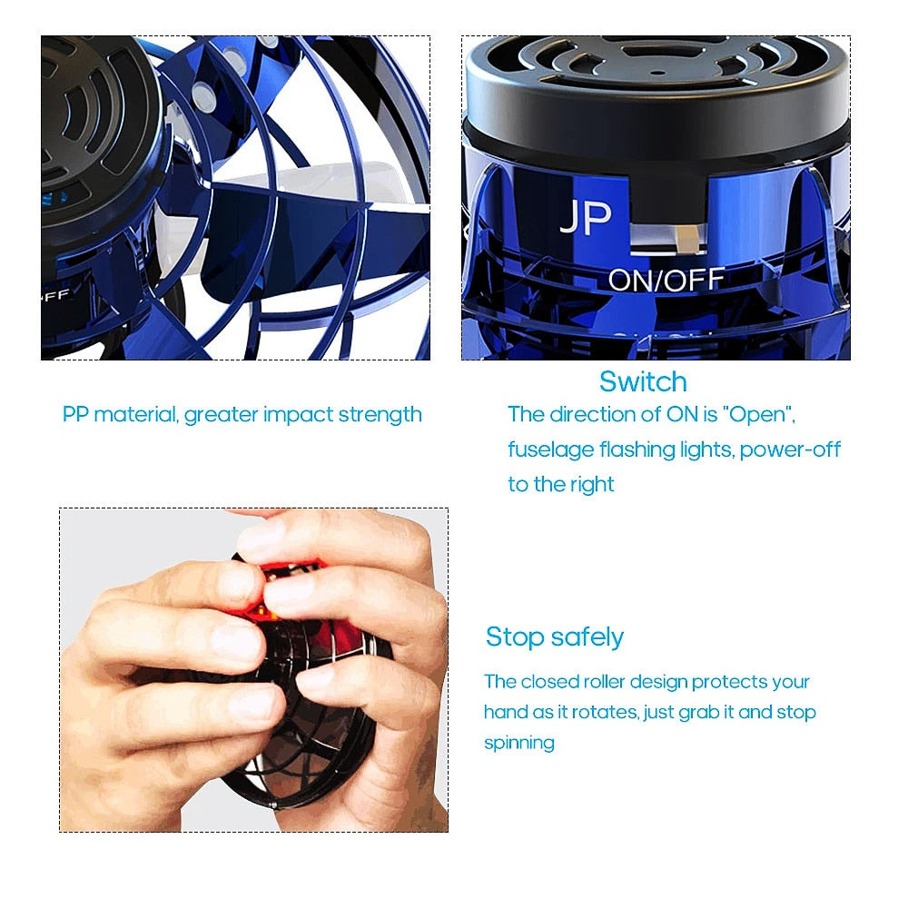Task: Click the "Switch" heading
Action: click(x=643, y=381)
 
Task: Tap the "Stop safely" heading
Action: click(x=554, y=637)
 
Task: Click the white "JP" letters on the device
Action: click(x=585, y=218)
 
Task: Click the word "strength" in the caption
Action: click(x=380, y=416)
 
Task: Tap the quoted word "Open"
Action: click(x=762, y=415)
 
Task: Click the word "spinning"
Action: click(x=518, y=743)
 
